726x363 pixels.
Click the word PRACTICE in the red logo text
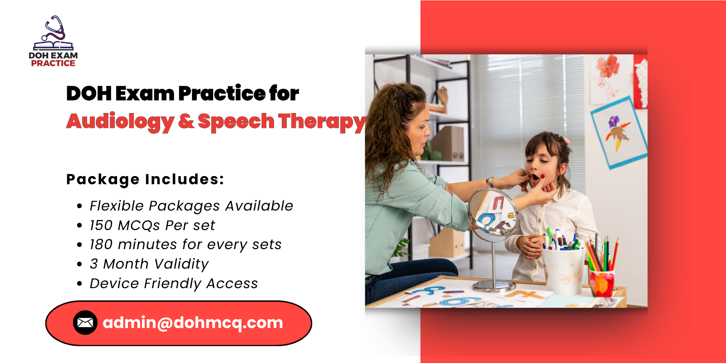[53, 63]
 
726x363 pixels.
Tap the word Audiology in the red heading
[120, 122]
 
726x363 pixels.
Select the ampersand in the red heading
[186, 121]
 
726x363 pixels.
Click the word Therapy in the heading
[322, 122]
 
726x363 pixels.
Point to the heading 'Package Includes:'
[145, 180]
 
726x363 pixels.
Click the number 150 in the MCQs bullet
[102, 225]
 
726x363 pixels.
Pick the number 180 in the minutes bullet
[102, 245]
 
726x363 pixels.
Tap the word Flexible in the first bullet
[117, 206]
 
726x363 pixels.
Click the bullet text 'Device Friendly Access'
[174, 284]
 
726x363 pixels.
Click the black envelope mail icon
[85, 323]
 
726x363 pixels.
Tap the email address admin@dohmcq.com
[193, 323]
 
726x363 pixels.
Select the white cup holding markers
[563, 270]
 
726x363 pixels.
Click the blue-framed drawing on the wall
[619, 132]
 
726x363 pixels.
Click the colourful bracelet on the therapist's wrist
[490, 182]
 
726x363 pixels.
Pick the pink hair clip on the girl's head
[566, 140]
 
